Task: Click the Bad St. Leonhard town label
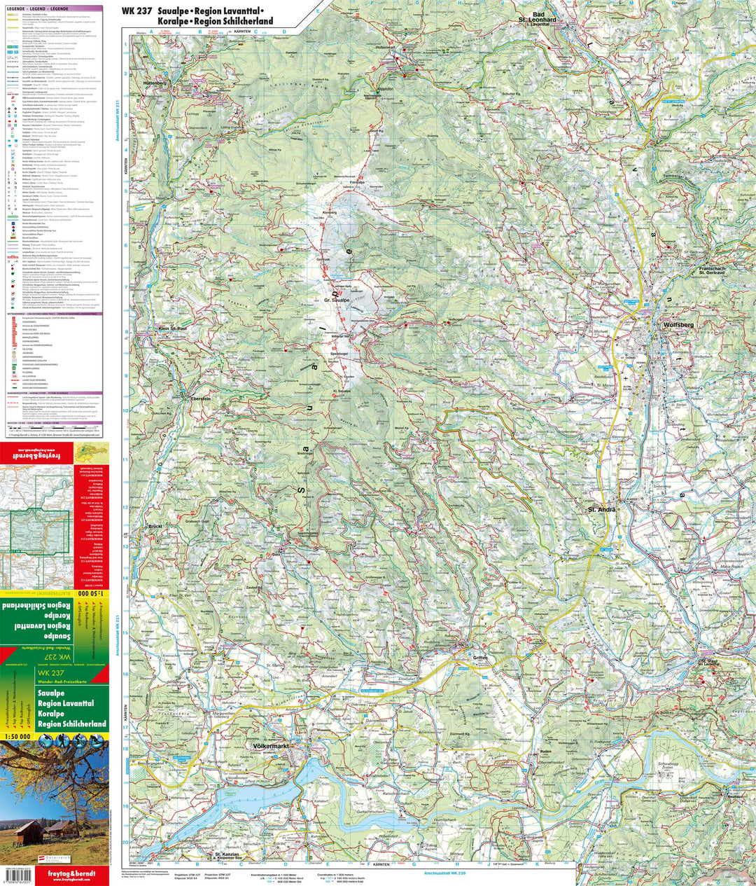click(544, 18)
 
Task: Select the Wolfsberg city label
click(678, 325)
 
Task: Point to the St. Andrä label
click(601, 509)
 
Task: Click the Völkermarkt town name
click(270, 747)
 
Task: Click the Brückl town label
click(155, 526)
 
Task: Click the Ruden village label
click(546, 752)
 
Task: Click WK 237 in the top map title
click(136, 11)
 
